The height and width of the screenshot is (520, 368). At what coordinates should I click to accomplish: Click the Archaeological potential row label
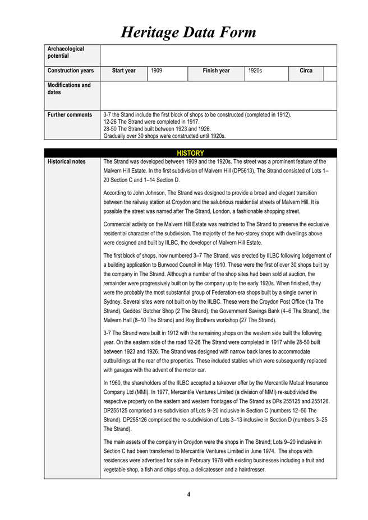pyautogui.click(x=66, y=52)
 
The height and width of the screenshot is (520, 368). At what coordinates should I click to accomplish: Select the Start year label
pyautogui.click(x=123, y=71)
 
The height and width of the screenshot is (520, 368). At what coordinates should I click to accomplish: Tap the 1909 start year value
pyautogui.click(x=157, y=71)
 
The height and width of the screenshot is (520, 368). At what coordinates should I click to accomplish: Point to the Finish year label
pyautogui.click(x=216, y=71)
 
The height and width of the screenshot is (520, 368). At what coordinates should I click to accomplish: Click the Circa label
pyautogui.click(x=306, y=71)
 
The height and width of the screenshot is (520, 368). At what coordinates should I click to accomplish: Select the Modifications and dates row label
pyautogui.click(x=69, y=89)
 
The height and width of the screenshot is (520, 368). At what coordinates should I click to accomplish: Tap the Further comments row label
pyautogui.click(x=70, y=115)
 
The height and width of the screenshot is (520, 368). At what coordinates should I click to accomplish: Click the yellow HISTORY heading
pyautogui.click(x=190, y=153)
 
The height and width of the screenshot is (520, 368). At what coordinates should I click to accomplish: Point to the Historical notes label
pyautogui.click(x=67, y=161)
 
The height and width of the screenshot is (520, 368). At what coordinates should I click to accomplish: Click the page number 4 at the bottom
pyautogui.click(x=188, y=494)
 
